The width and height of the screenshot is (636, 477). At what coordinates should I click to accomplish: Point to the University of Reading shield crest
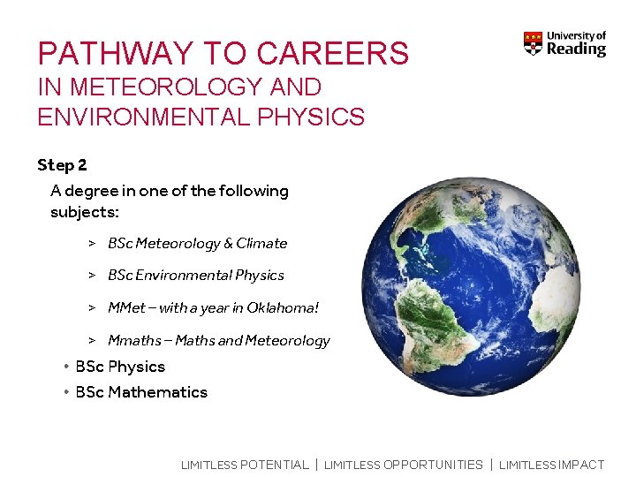pos(533,44)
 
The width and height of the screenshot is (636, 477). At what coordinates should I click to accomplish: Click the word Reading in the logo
pos(576,49)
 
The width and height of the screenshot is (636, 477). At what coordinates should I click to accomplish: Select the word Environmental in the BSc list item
pos(179,276)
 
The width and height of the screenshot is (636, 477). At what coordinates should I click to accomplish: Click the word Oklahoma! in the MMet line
pos(285,308)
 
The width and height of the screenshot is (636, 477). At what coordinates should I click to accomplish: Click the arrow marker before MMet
pos(91,308)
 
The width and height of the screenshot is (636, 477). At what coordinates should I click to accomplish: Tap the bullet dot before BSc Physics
pos(66,367)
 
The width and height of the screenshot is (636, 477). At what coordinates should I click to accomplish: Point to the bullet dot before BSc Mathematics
pos(66,392)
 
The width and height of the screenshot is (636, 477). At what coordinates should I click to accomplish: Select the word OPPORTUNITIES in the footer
pos(433,465)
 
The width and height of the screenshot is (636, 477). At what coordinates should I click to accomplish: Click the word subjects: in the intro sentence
pos(84,213)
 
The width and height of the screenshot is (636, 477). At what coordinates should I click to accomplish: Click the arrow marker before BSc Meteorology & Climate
pos(91,243)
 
